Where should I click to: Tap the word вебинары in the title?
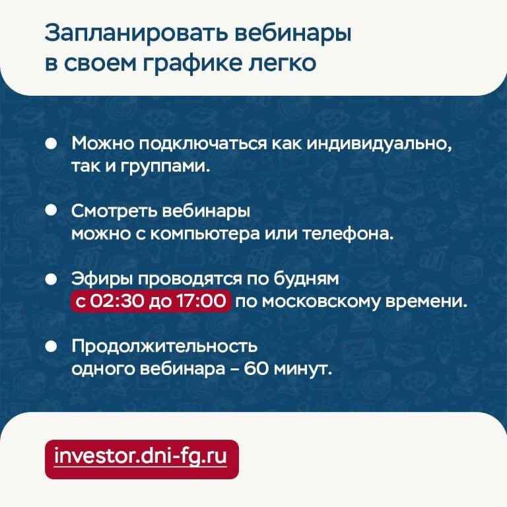(293, 32)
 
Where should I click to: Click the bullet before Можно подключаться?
(51, 143)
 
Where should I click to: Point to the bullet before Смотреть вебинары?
(51, 210)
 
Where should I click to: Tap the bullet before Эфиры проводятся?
(51, 279)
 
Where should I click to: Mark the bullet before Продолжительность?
(51, 347)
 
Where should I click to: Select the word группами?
(165, 167)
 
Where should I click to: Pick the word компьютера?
(205, 234)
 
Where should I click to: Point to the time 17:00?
(201, 301)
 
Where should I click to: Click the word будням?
(306, 279)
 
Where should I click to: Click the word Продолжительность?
(164, 347)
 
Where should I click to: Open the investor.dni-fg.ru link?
(141, 456)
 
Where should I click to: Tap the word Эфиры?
(102, 279)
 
